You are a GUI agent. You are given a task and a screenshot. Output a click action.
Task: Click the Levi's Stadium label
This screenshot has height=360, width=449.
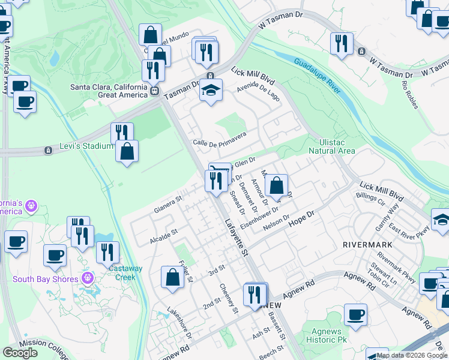[x=86, y=146]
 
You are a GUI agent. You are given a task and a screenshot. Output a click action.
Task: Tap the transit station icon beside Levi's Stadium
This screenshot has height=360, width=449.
[x=47, y=150]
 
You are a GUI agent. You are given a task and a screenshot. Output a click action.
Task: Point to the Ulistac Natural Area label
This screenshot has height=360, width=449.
[x=331, y=146]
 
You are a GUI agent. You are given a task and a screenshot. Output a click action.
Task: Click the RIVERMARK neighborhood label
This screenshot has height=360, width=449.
[x=367, y=245]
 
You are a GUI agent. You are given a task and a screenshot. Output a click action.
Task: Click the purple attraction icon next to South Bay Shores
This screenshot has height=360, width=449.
[x=88, y=278]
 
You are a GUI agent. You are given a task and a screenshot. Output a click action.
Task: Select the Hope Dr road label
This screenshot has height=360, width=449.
[x=302, y=218]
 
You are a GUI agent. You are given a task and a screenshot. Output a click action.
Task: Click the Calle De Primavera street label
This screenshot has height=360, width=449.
[x=219, y=139]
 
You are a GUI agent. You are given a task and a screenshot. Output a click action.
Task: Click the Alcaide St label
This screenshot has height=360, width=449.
[x=163, y=235]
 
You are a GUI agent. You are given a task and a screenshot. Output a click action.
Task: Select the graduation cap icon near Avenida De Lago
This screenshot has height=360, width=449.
[x=211, y=91]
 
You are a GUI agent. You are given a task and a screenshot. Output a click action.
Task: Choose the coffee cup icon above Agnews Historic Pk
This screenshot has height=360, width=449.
[x=355, y=314]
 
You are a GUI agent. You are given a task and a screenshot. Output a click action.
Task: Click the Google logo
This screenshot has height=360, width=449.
[x=20, y=353]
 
